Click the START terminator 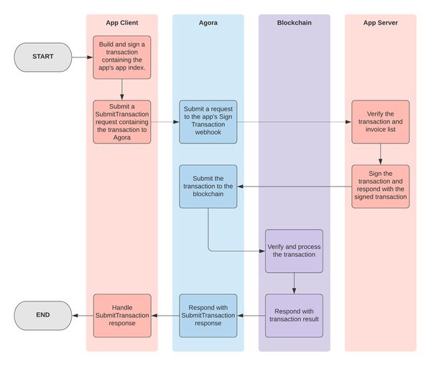click(x=43, y=57)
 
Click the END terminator click(x=43, y=316)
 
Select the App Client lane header click(x=122, y=23)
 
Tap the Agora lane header click(x=208, y=23)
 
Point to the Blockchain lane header click(x=294, y=23)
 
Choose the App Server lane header click(x=381, y=23)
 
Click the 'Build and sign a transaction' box click(x=122, y=57)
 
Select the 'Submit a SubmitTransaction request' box click(x=122, y=122)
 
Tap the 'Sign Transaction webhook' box click(x=208, y=122)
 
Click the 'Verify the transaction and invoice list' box click(x=381, y=122)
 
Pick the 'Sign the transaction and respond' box click(x=381, y=187)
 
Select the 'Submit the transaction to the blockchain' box click(x=208, y=187)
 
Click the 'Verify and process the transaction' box click(x=294, y=251)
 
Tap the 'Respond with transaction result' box click(x=294, y=316)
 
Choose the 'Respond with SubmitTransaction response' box click(x=208, y=316)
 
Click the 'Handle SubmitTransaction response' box click(x=122, y=316)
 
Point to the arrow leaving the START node click(x=83, y=57)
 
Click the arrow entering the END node click(x=83, y=316)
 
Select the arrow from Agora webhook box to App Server click(x=294, y=122)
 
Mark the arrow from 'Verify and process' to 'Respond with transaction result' click(x=294, y=283)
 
